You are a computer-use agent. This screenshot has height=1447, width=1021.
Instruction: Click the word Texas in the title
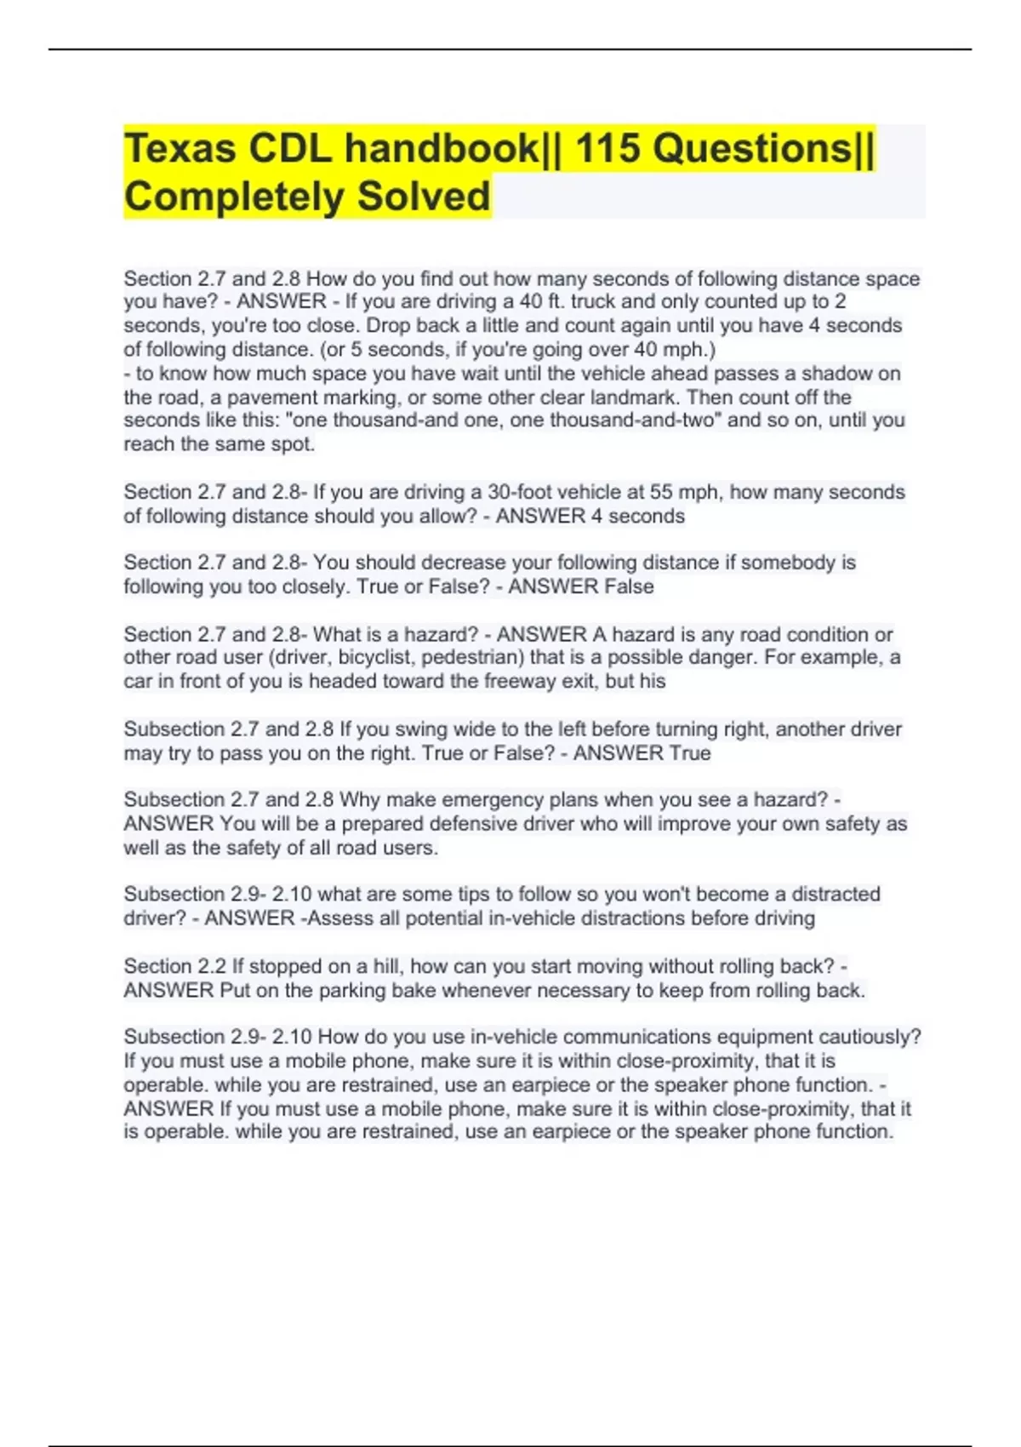tap(180, 149)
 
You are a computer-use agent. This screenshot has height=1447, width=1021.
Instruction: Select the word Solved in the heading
tap(423, 197)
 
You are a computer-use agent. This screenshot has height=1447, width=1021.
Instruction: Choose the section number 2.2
tap(212, 967)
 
